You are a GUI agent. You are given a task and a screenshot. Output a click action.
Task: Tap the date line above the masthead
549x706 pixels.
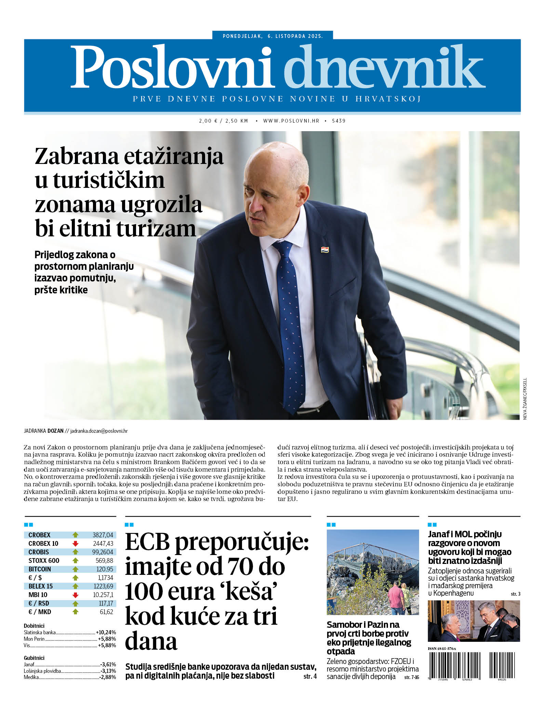pos(272,36)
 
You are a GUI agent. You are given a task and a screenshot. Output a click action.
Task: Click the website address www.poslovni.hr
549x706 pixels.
pos(291,121)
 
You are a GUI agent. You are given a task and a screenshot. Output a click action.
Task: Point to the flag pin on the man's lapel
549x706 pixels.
pos(325,250)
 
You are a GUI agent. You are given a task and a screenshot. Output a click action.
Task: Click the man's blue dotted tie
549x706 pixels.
pos(291,324)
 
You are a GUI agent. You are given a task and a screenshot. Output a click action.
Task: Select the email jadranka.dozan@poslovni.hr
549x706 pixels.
pos(99,431)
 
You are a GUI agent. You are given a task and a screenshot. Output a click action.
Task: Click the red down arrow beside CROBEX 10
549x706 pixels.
pos(76,543)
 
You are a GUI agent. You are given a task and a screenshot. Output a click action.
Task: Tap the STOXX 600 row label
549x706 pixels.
pos(44,560)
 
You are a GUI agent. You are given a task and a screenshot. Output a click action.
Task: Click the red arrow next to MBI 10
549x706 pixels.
pos(76,595)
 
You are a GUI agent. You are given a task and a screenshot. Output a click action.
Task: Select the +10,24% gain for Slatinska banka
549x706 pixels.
pos(106,632)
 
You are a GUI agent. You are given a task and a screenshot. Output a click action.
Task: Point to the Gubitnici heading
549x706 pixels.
pos(34,658)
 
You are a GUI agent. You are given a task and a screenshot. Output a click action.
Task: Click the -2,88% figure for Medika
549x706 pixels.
pos(108,677)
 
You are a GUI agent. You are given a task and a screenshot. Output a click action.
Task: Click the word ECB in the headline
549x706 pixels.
pos(147,542)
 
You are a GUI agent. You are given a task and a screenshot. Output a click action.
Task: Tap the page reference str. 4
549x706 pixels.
pos(310,676)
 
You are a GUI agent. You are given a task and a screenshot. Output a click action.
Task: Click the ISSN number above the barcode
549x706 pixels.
pos(442,649)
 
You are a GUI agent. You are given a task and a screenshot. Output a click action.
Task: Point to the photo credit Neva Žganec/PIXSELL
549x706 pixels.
pos(525,398)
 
